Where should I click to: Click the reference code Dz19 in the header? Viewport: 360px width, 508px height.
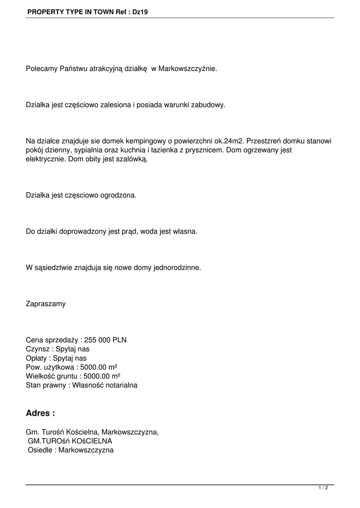(x=140, y=10)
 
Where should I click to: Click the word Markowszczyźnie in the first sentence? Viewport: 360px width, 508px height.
(x=188, y=69)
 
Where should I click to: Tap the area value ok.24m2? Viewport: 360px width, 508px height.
(x=231, y=141)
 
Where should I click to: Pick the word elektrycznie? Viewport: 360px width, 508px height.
(x=44, y=160)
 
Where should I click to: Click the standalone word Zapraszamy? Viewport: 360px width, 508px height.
(x=46, y=304)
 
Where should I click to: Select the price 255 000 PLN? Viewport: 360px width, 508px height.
(x=105, y=340)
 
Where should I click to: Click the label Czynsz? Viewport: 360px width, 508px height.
(x=38, y=349)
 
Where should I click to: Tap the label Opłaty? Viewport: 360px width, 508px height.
(x=37, y=358)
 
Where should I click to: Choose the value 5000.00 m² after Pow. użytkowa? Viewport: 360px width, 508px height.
(x=99, y=367)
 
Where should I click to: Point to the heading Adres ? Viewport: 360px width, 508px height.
(x=40, y=413)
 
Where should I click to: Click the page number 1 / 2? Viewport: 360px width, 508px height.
(x=323, y=488)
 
